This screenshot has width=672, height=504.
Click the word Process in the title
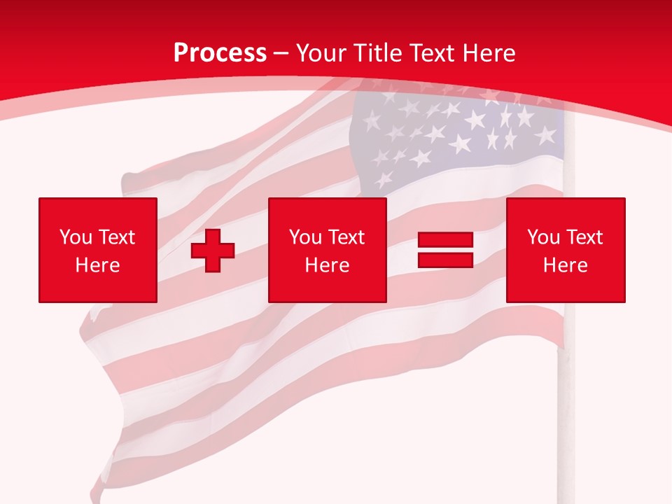click(220, 52)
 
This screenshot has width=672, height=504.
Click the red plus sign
click(213, 250)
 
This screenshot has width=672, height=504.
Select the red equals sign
click(445, 250)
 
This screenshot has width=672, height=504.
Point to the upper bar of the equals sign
click(445, 241)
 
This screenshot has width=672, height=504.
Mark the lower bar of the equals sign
click(445, 259)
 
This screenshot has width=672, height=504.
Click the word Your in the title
click(322, 52)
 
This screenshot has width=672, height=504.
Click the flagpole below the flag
click(563, 420)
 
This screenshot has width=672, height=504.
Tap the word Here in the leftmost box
click(97, 265)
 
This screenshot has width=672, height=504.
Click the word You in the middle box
click(305, 237)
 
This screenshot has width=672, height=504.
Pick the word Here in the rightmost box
click(565, 265)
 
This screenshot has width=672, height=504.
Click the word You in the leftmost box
click(76, 237)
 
